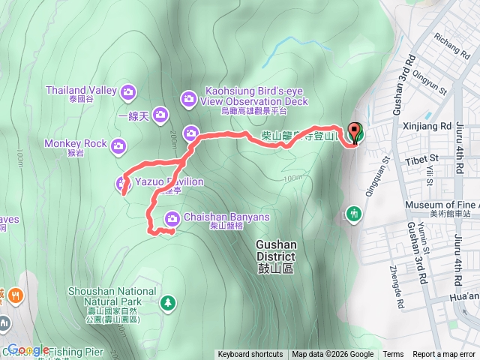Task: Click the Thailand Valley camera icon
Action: click(x=127, y=91)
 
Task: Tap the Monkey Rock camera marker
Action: click(x=118, y=145)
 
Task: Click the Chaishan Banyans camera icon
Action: click(x=172, y=218)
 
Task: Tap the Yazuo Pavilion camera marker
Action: click(x=123, y=183)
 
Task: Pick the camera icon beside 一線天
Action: click(x=160, y=115)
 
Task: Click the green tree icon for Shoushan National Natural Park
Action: click(x=169, y=301)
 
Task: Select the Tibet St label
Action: click(x=424, y=159)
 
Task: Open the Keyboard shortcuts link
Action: click(x=250, y=355)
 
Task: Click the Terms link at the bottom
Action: click(x=393, y=355)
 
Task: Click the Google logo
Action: click(x=28, y=349)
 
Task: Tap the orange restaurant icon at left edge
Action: click(x=12, y=295)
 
